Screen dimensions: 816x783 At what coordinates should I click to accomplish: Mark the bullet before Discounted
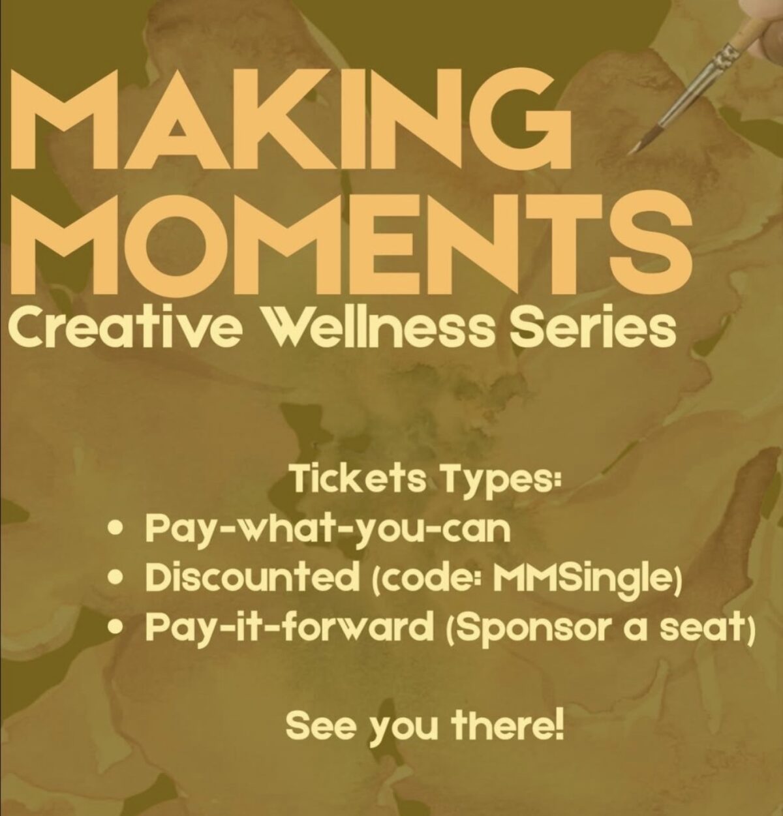[117, 578]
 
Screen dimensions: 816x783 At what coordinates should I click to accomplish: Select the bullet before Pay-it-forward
[117, 625]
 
